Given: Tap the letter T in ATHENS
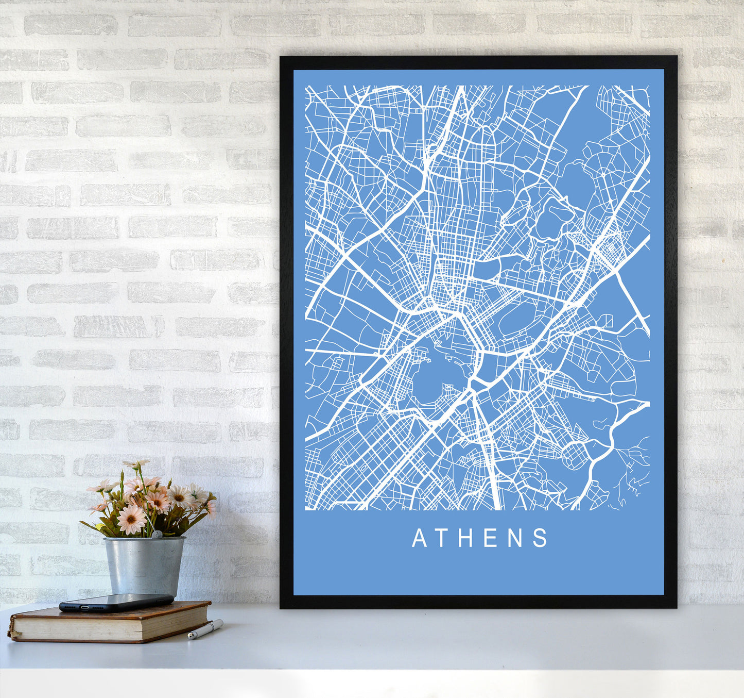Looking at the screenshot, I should click(x=444, y=538).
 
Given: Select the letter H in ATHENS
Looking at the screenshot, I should click(x=467, y=538).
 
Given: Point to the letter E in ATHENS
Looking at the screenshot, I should click(x=491, y=538).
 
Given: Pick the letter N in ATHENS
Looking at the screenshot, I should click(x=515, y=538).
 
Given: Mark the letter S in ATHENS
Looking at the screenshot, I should click(x=540, y=538).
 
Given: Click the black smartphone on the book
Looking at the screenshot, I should click(x=116, y=602).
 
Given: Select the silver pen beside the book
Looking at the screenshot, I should click(x=205, y=629).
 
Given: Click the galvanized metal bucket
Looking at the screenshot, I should click(x=144, y=566).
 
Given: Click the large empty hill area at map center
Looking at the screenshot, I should click(x=438, y=376).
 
